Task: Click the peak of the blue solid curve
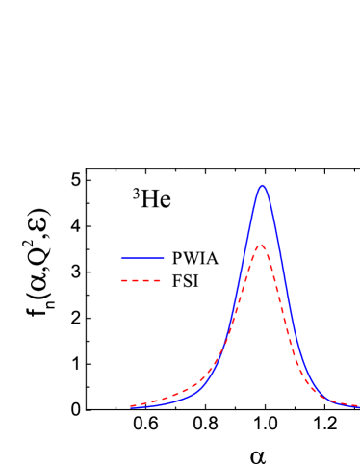pos(262,186)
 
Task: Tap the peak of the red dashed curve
pos(261,246)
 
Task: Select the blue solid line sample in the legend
pos(142,258)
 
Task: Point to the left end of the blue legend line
pos(121,258)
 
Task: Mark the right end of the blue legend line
pos(164,258)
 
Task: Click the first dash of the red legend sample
pos(125,281)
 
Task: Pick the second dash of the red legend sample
pos(137,281)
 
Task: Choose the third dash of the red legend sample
pos(147,281)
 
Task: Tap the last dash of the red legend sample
pos(158,281)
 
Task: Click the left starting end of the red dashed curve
pos(132,405)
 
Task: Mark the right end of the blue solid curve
pos(358,406)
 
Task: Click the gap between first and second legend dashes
pos(131,281)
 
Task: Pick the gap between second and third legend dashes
pos(142,281)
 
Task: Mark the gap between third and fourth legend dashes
pos(153,281)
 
